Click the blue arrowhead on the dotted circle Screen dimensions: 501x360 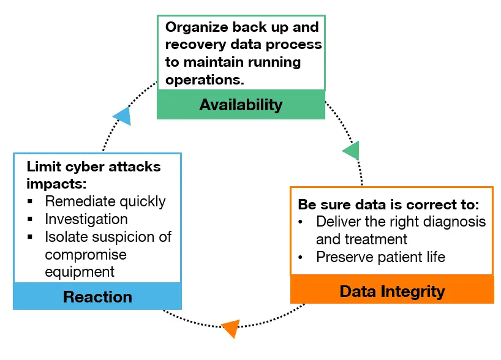124,116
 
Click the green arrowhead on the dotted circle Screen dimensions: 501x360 352,151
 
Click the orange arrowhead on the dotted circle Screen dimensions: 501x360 232,328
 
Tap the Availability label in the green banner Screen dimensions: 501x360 241,105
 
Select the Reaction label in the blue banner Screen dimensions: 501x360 97,297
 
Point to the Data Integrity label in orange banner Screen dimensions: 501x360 392,291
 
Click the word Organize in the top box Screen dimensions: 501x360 197,28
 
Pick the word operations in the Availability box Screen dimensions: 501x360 205,80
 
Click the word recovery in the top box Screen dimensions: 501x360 195,45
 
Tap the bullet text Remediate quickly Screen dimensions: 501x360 105,202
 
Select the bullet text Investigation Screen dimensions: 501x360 86,219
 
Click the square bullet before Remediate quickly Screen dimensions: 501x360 30,201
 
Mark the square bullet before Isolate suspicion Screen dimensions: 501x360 30,237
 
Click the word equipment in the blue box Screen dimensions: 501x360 80,272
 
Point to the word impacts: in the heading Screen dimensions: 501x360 56,184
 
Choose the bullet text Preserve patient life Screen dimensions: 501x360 380,257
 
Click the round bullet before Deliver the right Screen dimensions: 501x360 300,222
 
